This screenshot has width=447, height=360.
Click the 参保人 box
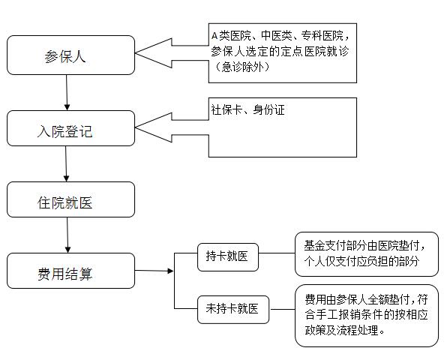pyautogui.click(x=70, y=55)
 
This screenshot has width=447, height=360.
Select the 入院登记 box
pyautogui.click(x=70, y=128)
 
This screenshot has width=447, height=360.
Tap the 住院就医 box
pyautogui.click(x=70, y=199)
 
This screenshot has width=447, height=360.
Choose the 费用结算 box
pyautogui.click(x=70, y=271)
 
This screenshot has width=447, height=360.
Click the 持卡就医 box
pyautogui.click(x=228, y=257)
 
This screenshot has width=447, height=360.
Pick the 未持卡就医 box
pyautogui.click(x=233, y=310)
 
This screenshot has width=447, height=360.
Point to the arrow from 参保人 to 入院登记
pyautogui.click(x=67, y=93)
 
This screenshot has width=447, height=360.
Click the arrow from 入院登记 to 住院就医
pyautogui.click(x=66, y=164)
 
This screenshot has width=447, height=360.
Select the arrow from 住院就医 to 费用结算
pyautogui.click(x=67, y=235)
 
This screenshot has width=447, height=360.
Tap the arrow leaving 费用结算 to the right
pyautogui.click(x=154, y=271)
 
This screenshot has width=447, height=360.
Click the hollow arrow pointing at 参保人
pyautogui.click(x=172, y=53)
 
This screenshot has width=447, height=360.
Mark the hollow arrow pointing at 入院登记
pyautogui.click(x=172, y=127)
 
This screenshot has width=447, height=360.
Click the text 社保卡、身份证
pyautogui.click(x=247, y=109)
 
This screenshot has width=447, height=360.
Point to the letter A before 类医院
pyautogui.click(x=214, y=36)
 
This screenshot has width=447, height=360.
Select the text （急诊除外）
pyautogui.click(x=241, y=67)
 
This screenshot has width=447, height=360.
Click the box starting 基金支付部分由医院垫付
pyautogui.click(x=367, y=254)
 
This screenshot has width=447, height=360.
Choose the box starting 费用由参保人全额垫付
pyautogui.click(x=367, y=316)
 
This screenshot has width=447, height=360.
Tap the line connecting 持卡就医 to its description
pyautogui.click(x=277, y=253)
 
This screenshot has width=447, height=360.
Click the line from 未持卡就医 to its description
pyautogui.click(x=282, y=309)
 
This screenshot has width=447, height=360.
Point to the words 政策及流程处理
pyautogui.click(x=342, y=330)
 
